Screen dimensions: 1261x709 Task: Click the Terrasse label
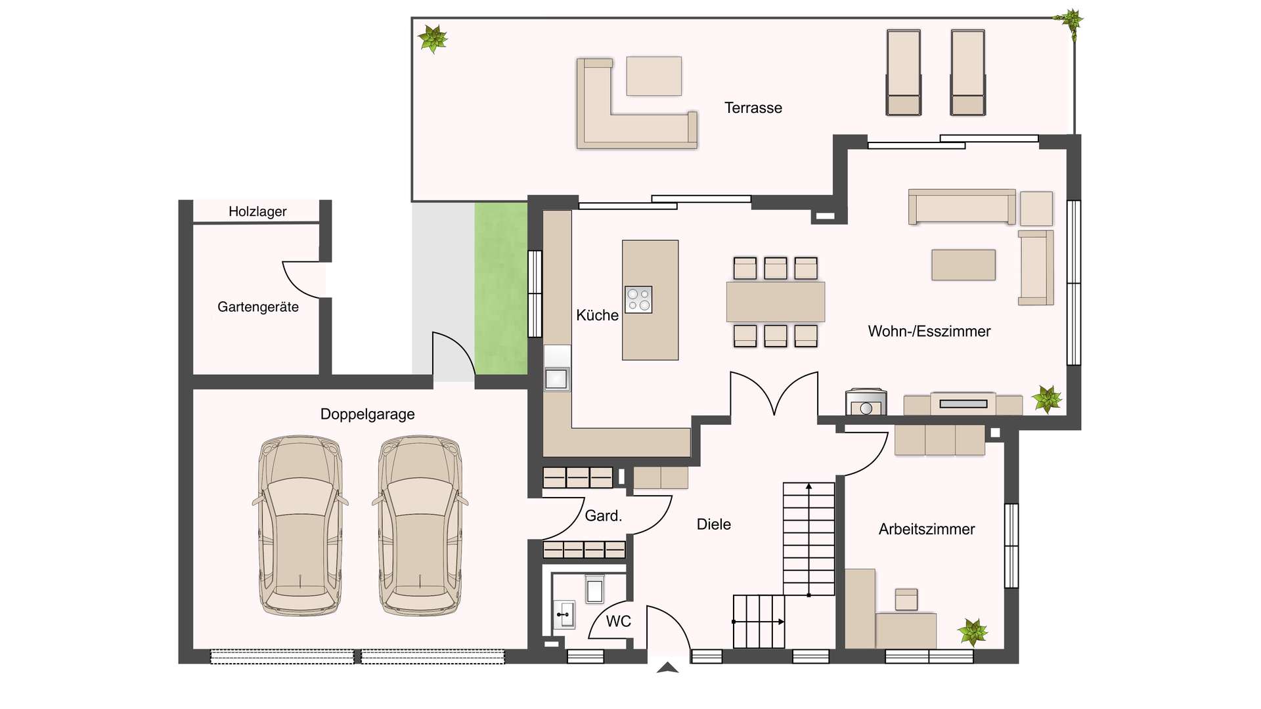coord(753,108)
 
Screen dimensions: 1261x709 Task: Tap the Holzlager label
coord(257,211)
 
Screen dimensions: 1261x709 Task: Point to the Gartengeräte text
coord(258,307)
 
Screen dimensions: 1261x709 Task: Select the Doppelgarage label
coord(367,414)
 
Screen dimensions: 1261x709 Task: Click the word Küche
coord(597,315)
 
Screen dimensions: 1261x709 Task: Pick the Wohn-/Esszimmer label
coord(929,332)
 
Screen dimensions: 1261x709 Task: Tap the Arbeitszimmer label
coord(927,529)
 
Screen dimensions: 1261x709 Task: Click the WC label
coord(619,621)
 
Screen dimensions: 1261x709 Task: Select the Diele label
coord(714,525)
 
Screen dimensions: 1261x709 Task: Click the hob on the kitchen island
coord(638,299)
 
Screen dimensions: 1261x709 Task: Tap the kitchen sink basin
coord(556,379)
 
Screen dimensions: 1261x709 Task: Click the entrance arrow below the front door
coord(668,668)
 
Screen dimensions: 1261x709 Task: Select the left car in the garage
coord(300,525)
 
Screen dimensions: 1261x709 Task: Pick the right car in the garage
coord(420,525)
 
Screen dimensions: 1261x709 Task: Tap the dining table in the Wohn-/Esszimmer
coord(776,302)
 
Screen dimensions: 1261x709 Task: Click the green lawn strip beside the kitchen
coord(501,289)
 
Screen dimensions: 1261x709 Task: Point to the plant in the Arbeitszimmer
coord(973,632)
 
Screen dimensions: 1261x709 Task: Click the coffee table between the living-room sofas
coord(963,265)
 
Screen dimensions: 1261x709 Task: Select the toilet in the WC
coord(594,589)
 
